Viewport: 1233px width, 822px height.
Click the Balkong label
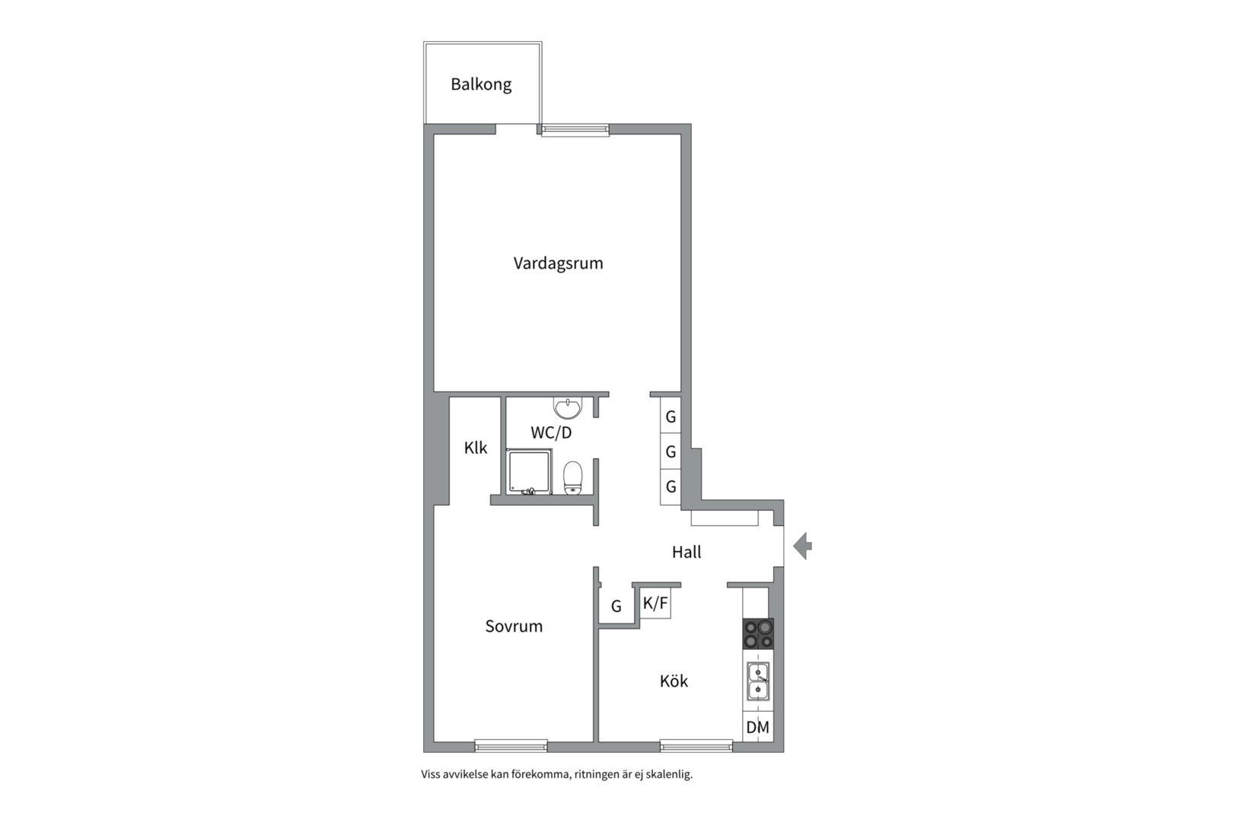point(481,84)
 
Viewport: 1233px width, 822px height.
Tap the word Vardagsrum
point(558,263)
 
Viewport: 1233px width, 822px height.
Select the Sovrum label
point(514,626)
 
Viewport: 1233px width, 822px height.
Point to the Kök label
point(674,681)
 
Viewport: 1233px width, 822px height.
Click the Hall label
point(687,552)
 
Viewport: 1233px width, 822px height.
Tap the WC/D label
point(551,433)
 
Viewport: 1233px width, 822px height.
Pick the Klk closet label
point(476,448)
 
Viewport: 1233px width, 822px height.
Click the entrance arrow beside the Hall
point(802,546)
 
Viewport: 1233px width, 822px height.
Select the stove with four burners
point(758,634)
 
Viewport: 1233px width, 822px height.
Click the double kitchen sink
point(758,681)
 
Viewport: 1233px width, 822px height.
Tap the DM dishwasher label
point(757,728)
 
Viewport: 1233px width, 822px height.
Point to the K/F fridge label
point(655,604)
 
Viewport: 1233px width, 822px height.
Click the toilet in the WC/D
point(573,478)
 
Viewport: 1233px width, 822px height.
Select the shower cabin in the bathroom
point(528,471)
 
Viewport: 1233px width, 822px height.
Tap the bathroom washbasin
point(567,408)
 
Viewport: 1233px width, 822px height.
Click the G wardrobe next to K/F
point(616,606)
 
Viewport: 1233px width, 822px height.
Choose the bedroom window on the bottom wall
point(511,745)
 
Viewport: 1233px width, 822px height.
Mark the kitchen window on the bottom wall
point(696,745)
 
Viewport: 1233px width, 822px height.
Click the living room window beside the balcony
point(575,130)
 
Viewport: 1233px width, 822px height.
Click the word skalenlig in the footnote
point(669,774)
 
